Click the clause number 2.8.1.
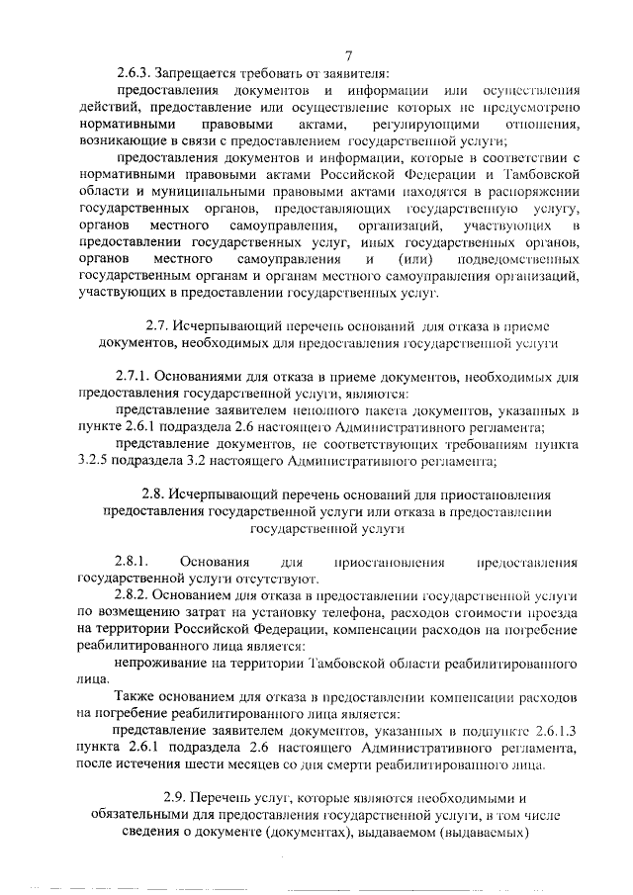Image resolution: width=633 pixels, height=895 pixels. pyautogui.click(x=132, y=561)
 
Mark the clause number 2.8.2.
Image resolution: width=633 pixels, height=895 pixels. pyautogui.click(x=132, y=596)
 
